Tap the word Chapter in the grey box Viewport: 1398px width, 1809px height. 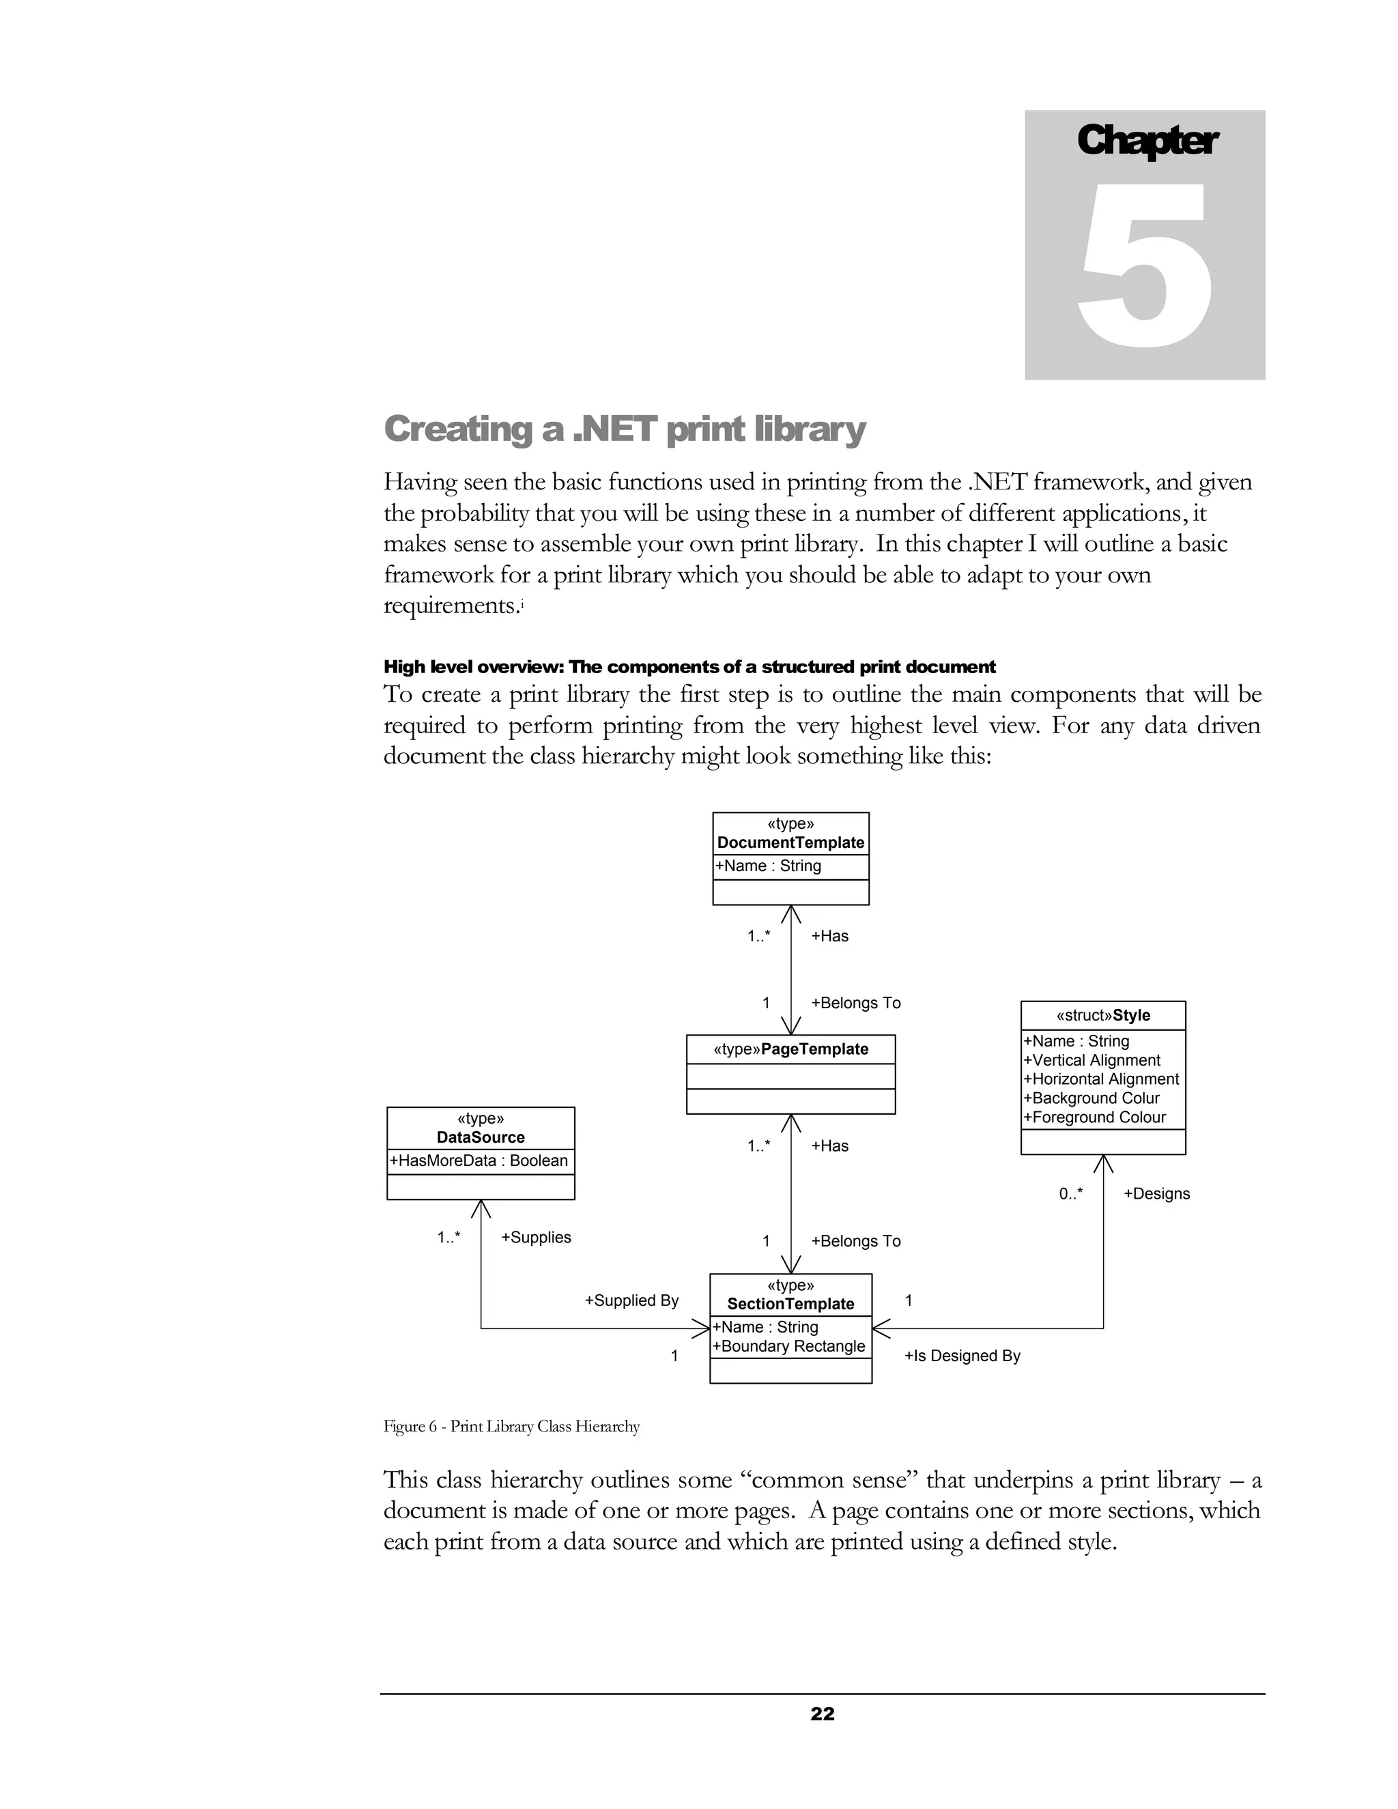click(1146, 141)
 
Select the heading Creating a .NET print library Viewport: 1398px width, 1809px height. click(625, 429)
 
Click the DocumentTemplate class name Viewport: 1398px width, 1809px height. click(790, 842)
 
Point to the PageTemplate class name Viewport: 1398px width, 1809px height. click(814, 1049)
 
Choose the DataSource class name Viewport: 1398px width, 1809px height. click(481, 1137)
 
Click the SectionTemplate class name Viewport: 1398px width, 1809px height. click(790, 1304)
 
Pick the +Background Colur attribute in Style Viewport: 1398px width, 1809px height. click(1091, 1098)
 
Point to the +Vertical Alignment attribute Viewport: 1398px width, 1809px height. click(1091, 1060)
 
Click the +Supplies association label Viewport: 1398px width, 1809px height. click(536, 1238)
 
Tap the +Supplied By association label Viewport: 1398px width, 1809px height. click(631, 1300)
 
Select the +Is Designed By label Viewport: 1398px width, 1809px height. click(962, 1356)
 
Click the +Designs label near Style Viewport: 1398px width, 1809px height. click(1156, 1193)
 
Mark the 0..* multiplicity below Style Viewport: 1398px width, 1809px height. click(1070, 1193)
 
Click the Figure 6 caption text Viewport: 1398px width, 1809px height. click(511, 1426)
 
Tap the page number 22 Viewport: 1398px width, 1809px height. click(822, 1713)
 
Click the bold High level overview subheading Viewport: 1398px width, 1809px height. click(689, 667)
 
